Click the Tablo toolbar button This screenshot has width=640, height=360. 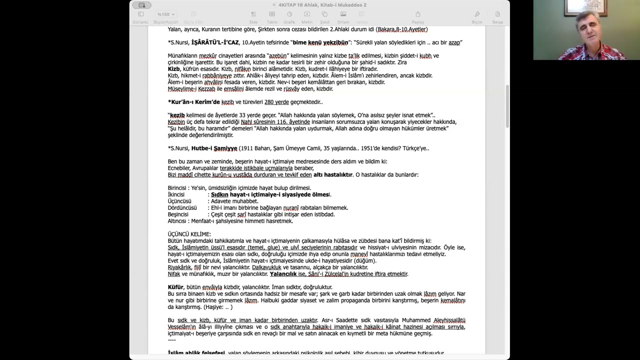click(272, 17)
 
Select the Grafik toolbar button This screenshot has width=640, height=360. click(289, 17)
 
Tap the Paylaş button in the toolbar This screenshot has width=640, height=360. click(417, 17)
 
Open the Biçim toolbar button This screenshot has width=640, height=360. click(477, 17)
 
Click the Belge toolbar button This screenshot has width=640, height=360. click(497, 17)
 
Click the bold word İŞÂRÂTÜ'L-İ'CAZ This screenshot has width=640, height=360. click(215, 42)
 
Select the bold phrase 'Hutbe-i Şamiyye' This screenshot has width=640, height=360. click(214, 148)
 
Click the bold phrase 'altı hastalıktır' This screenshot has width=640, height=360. click(332, 175)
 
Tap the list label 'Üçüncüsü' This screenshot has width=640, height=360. click(179, 201)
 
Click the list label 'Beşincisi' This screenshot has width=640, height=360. click(178, 214)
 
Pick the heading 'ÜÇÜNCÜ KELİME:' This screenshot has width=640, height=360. click(189, 234)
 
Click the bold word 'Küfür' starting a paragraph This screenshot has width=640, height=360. click(175, 287)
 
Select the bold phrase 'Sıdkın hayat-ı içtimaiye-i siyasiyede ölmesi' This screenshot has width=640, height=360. click(270, 194)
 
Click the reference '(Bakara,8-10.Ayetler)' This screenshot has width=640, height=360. click(401, 29)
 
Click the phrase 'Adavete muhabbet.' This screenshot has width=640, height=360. click(234, 201)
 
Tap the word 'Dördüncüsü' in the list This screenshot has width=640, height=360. click(182, 208)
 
